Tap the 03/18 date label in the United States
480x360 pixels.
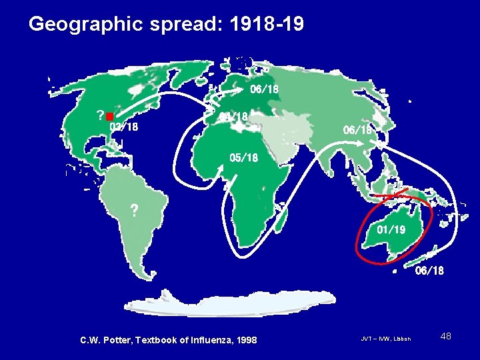pyautogui.click(x=124, y=127)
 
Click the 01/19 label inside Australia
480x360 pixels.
pyautogui.click(x=391, y=230)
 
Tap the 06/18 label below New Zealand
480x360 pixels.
pyautogui.click(x=429, y=271)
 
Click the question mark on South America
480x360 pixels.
pyautogui.click(x=134, y=211)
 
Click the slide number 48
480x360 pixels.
pyautogui.click(x=446, y=336)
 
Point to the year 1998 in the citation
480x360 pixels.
pyautogui.click(x=245, y=341)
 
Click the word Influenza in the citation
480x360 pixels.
pyautogui.click(x=203, y=341)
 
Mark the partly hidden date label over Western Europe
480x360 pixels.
pyautogui.click(x=234, y=117)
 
